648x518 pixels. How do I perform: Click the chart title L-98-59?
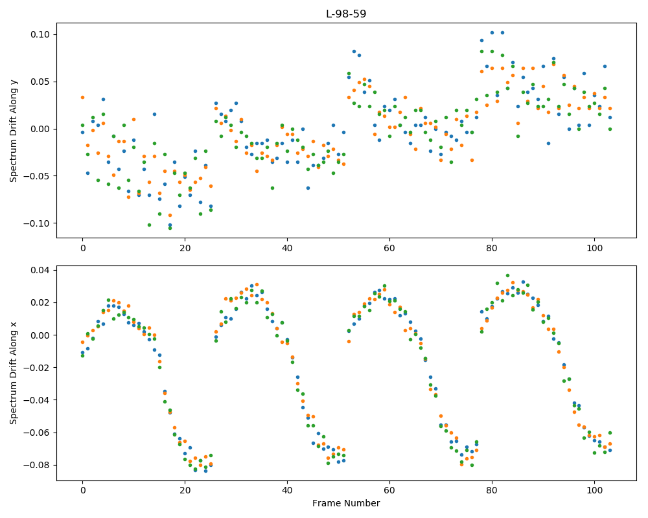[x=346, y=14]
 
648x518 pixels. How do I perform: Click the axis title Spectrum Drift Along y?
[x=14, y=130]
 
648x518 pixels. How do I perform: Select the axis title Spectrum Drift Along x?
[x=14, y=372]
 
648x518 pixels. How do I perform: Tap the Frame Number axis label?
[x=346, y=503]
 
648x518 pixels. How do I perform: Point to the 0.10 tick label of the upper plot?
[x=40, y=34]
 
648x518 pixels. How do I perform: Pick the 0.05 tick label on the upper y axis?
[x=40, y=82]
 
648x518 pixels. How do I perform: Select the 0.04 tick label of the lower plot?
[x=40, y=270]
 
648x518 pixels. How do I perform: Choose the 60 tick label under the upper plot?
[x=389, y=248]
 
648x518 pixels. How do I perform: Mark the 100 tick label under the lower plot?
[x=594, y=491]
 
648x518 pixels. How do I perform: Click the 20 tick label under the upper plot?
[x=185, y=248]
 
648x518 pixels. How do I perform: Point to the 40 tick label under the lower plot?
[x=287, y=491]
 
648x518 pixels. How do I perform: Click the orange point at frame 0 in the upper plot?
[x=83, y=98]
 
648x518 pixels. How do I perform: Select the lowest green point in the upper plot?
[x=170, y=228]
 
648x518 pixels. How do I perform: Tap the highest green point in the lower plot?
[x=507, y=276]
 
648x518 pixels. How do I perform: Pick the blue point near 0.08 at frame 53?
[x=354, y=52]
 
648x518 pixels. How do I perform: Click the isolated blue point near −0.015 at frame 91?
[x=548, y=143]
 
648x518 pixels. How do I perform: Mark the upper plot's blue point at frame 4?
[x=103, y=100]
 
